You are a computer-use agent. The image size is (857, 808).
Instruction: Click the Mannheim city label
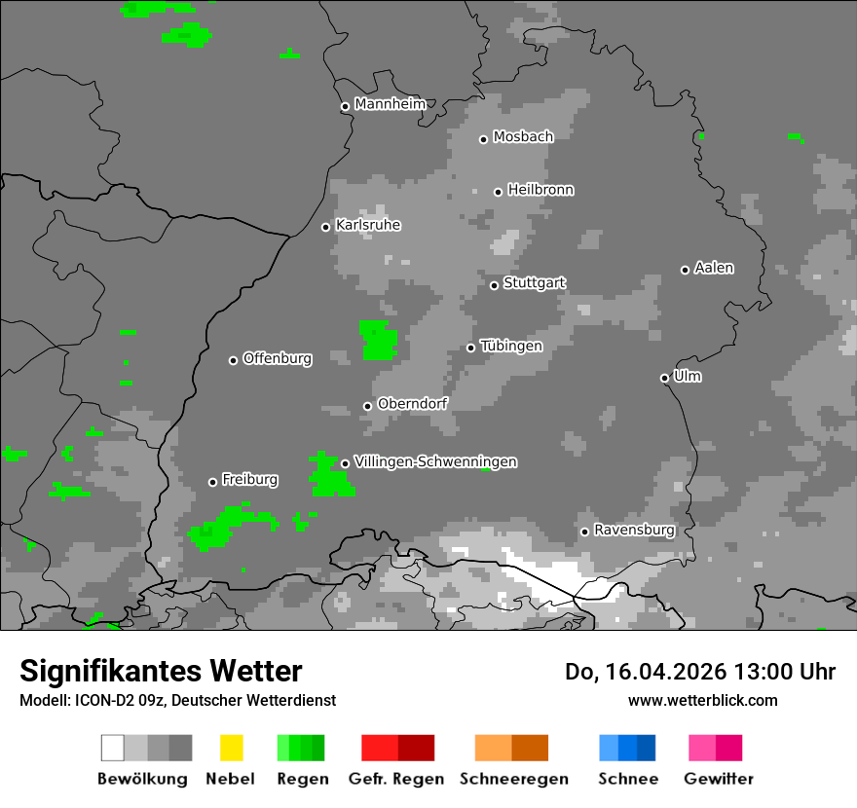point(391,104)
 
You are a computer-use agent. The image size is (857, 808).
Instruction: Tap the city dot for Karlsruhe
point(326,227)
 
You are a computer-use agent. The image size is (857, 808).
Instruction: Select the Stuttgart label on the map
point(535,283)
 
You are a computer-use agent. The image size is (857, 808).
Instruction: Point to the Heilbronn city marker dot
point(499,192)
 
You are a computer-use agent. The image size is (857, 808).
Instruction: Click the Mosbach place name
point(523,137)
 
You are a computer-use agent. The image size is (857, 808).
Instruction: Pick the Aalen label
point(714,268)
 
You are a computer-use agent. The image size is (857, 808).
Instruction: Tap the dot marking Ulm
point(665,378)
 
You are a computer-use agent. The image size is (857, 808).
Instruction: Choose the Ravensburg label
point(634,530)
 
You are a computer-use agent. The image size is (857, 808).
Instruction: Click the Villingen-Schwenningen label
point(435,461)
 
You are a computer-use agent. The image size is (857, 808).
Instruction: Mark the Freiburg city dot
point(213,482)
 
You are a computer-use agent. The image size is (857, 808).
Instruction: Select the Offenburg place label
point(278,358)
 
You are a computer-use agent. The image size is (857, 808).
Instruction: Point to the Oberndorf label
point(412,403)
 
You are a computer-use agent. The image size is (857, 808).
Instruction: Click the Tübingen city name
point(511,346)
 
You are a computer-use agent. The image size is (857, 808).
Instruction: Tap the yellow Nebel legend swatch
point(231,748)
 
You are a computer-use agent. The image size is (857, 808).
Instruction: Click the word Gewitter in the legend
point(719,779)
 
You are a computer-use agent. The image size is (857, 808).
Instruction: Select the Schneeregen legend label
point(513,779)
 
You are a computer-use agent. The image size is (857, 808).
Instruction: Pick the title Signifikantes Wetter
point(161,671)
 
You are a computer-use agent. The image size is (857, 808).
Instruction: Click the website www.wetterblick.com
point(702,700)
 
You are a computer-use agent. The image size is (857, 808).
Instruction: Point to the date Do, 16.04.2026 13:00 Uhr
point(700,672)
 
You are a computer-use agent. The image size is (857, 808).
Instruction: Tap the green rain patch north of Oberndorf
point(378,340)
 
